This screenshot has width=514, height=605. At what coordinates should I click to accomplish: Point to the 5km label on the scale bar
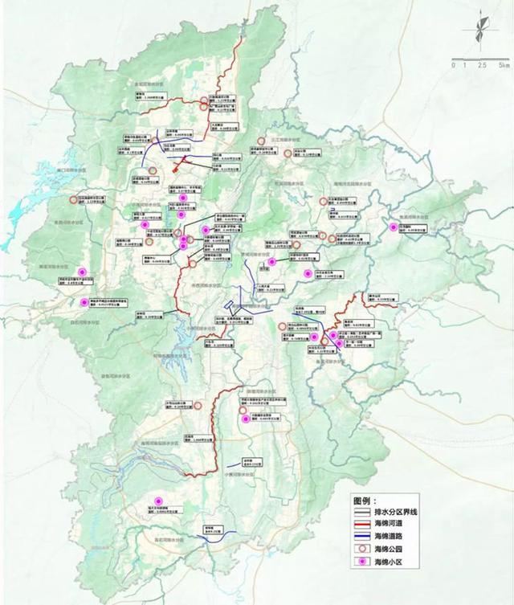tap(503, 65)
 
